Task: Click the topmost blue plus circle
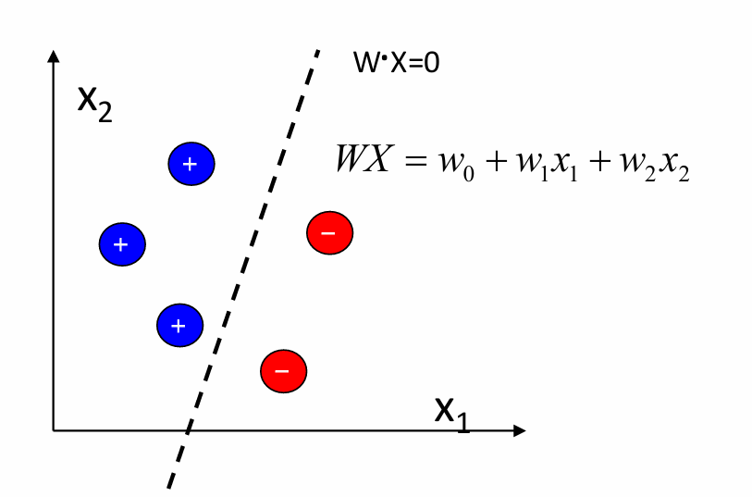tap(191, 164)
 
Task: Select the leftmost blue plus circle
tap(122, 243)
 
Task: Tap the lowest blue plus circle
tap(179, 325)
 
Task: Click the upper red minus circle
tap(329, 232)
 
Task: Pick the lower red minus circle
tap(283, 370)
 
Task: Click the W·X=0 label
tap(396, 64)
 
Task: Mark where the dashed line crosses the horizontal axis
tap(189, 430)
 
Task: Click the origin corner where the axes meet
tap(54, 430)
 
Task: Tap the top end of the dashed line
tap(318, 50)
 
